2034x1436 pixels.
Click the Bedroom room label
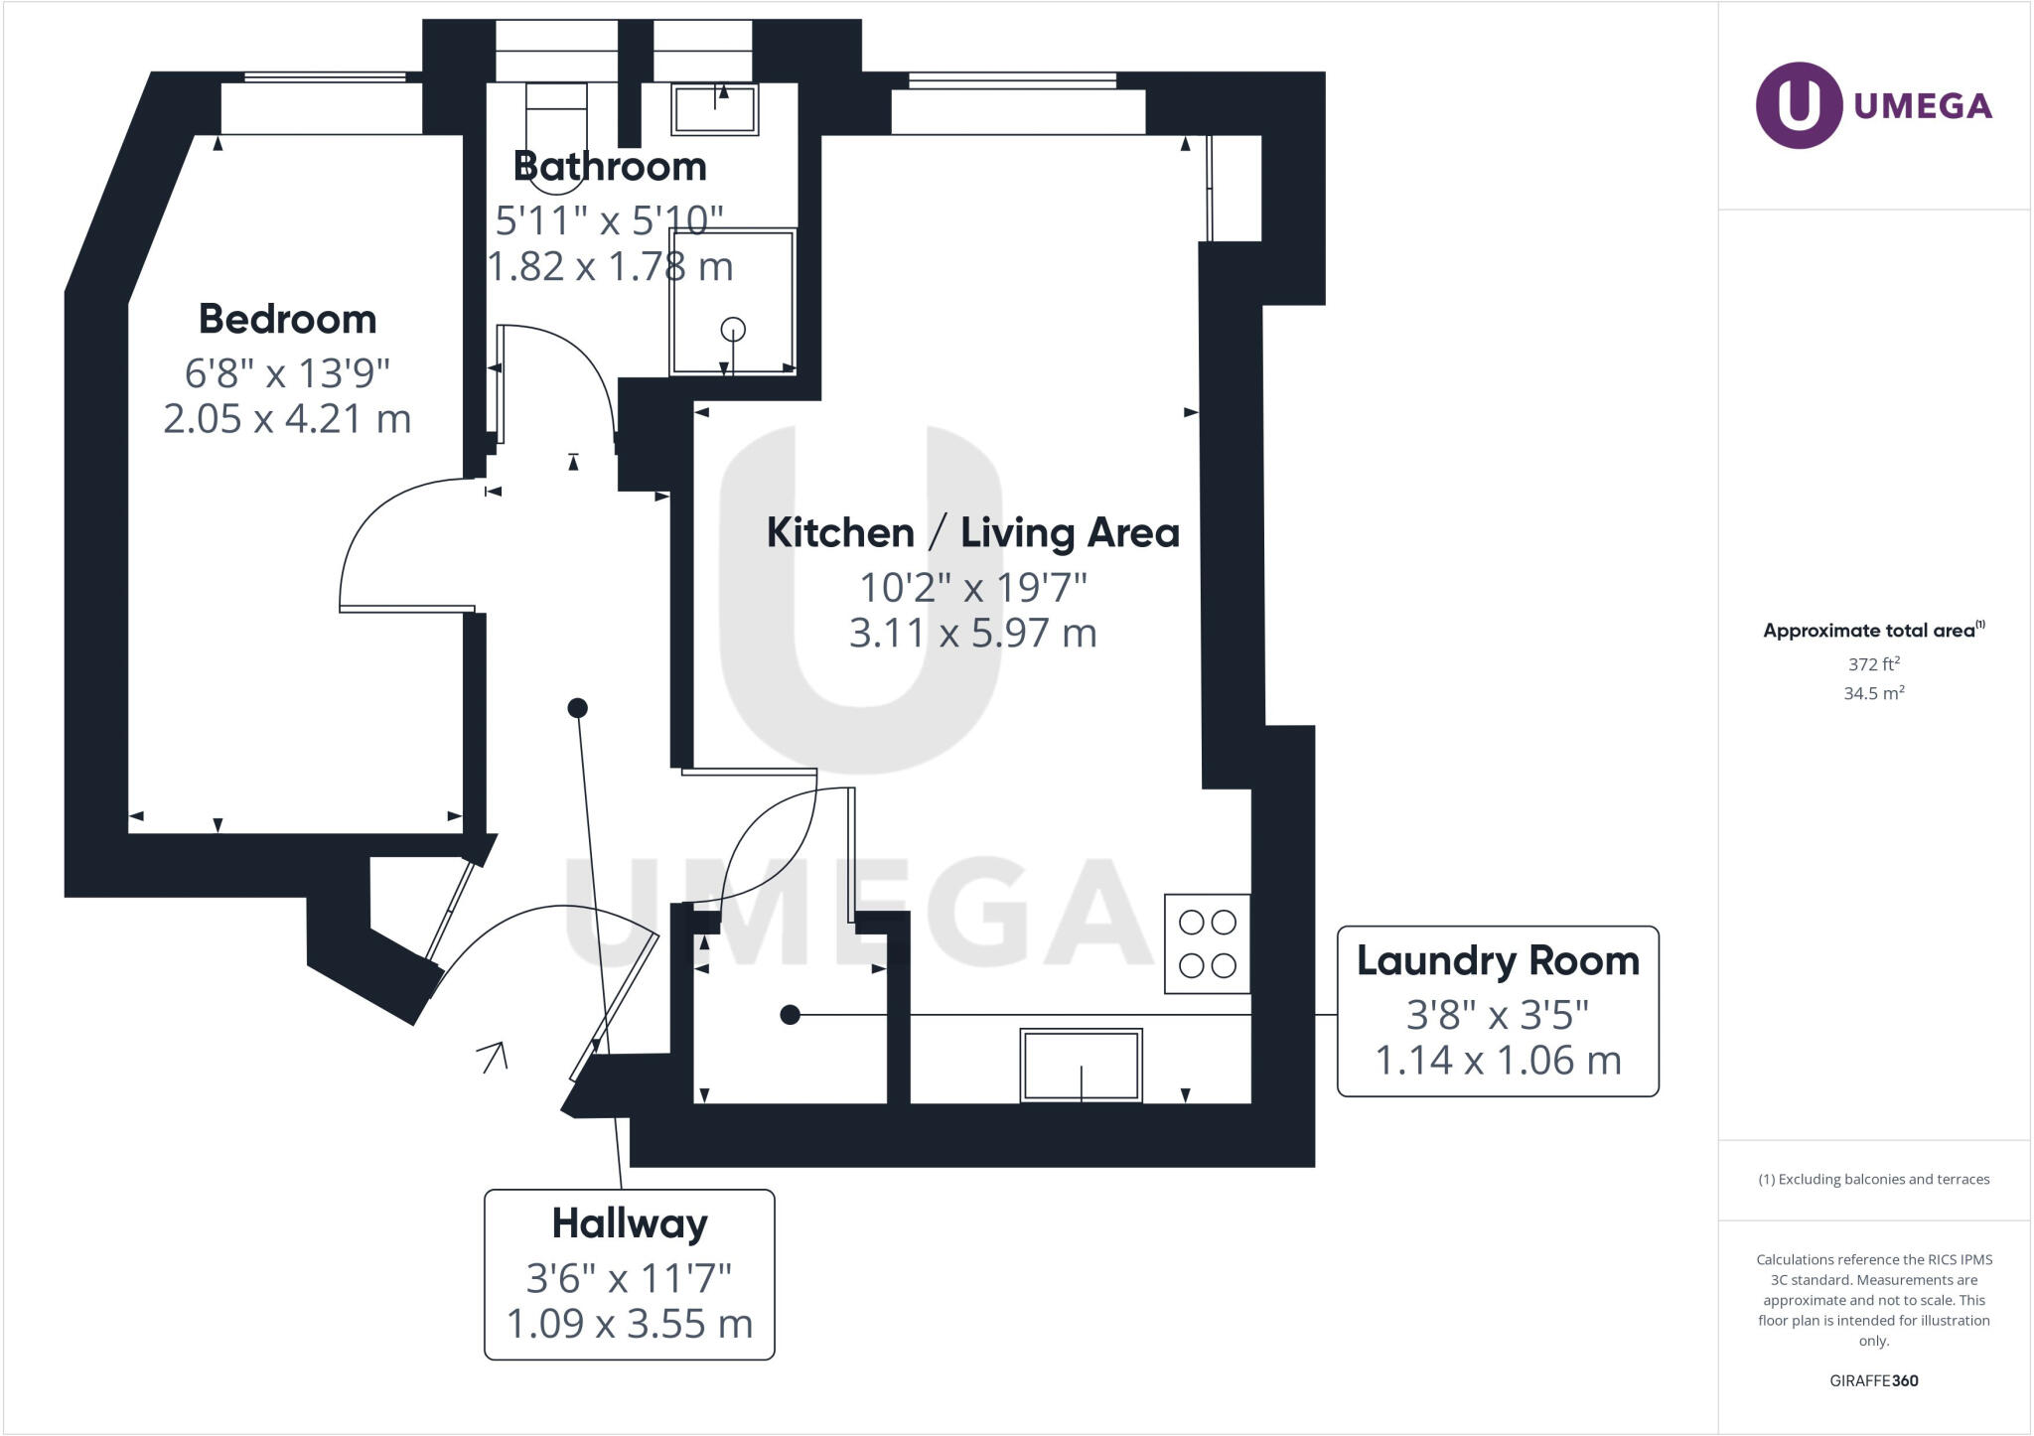tap(287, 320)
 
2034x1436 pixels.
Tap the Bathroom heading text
tap(610, 167)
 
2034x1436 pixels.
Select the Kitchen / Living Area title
tap(972, 533)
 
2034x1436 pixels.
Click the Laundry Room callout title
tap(1497, 961)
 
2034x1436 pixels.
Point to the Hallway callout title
tap(629, 1223)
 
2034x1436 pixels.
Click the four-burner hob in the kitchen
tap(1207, 944)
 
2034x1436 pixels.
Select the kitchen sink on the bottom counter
tap(1081, 1066)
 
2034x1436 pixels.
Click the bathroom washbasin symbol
tap(715, 109)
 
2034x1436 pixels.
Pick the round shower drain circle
tap(733, 329)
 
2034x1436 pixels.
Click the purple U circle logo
tap(1799, 105)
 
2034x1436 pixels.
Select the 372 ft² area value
tap(1873, 664)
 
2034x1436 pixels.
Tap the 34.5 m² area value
tap(1873, 693)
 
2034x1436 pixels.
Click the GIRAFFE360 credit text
tap(1873, 1380)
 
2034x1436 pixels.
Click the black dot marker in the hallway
tap(577, 708)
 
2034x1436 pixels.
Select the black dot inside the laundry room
tap(790, 1015)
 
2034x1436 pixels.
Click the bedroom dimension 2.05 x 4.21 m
tap(287, 419)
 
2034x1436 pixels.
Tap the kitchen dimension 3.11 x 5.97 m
tap(972, 634)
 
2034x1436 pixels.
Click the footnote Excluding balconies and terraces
tap(1873, 1180)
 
